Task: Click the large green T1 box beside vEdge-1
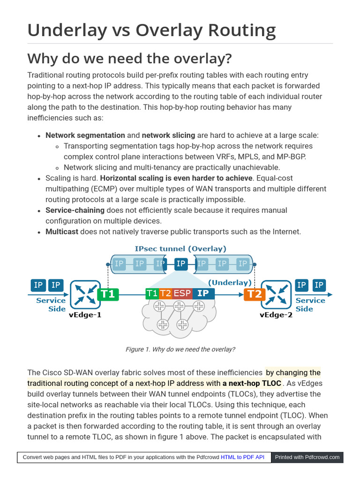point(108,294)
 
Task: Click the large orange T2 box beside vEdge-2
point(254,294)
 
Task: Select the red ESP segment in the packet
point(182,294)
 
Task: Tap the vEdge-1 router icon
point(85,294)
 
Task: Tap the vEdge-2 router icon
point(276,294)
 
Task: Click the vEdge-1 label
point(85,315)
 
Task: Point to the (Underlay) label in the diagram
point(230,283)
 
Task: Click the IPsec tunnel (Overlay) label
point(180,249)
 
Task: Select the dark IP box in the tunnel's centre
point(181,264)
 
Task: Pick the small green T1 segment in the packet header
point(152,294)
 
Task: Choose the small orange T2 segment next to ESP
point(165,294)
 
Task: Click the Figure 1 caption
point(180,349)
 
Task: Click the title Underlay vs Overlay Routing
point(151,30)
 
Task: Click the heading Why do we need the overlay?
point(129,59)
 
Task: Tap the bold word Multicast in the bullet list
point(62,232)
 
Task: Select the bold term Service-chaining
point(75,210)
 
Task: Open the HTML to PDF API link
point(242,457)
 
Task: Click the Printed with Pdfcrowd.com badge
point(307,457)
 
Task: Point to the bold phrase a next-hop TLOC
point(252,383)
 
